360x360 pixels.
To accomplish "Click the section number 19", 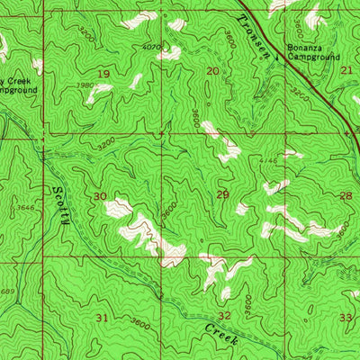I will tap(104, 74).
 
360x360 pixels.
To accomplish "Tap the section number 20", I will tap(213, 70).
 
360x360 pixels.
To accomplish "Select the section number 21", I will tap(346, 69).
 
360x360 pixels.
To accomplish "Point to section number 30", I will tap(99, 195).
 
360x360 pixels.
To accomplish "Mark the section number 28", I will tap(346, 194).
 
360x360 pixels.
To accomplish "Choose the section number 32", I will tap(224, 315).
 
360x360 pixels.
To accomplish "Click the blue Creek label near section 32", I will tap(221, 336).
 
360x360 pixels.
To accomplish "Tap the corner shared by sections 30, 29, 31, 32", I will tap(162, 264).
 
